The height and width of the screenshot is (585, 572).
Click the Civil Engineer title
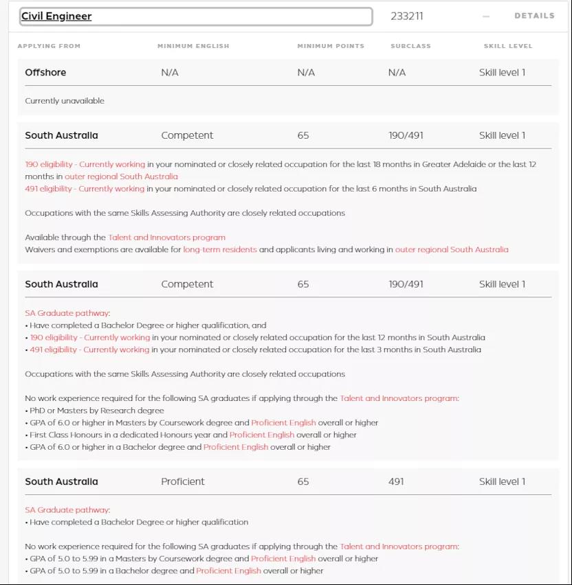pos(56,16)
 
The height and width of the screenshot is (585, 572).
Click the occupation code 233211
pos(406,16)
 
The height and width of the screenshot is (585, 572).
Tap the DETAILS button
pos(534,15)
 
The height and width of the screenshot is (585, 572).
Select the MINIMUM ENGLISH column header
pos(193,46)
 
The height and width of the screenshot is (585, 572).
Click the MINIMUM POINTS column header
pos(331,46)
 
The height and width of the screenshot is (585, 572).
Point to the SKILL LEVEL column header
pos(507,46)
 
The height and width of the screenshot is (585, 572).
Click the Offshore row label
pos(45,72)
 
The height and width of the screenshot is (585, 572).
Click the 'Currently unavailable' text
pos(65,101)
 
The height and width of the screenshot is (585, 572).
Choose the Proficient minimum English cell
pos(182,481)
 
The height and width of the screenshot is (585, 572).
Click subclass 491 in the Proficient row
pos(396,481)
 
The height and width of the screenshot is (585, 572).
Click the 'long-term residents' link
pos(219,249)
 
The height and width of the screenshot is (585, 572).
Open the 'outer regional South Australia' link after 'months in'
pos(121,176)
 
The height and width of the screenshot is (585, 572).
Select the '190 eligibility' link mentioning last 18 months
pos(85,164)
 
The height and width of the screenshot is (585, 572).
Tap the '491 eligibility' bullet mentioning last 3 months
pos(89,349)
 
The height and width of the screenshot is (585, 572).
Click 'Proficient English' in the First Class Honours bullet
pos(261,435)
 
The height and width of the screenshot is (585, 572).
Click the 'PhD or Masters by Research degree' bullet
pos(96,411)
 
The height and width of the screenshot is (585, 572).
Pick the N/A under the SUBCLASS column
pos(397,72)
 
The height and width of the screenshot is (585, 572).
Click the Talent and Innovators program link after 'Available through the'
pos(166,237)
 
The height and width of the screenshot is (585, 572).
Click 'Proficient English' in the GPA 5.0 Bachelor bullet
pos(228,571)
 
